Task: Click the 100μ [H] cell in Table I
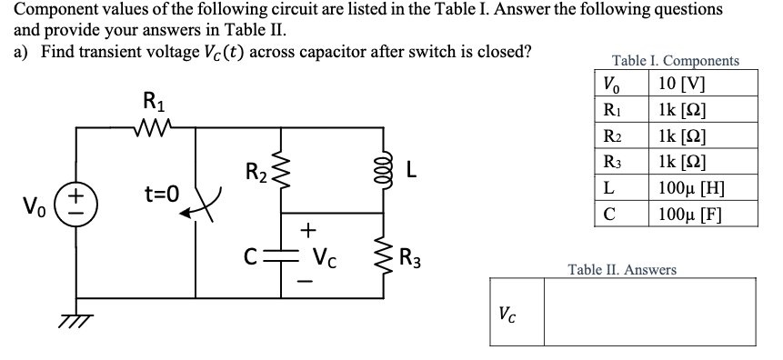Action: [x=698, y=191]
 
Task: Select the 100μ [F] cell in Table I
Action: [x=698, y=215]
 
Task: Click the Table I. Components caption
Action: [x=675, y=62]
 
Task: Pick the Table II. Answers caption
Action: [x=621, y=269]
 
